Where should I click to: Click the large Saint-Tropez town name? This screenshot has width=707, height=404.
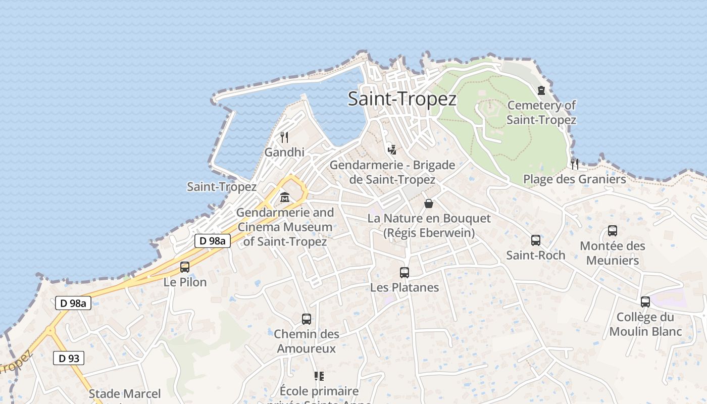coord(402,99)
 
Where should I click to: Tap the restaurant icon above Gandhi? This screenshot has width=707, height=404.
coord(284,137)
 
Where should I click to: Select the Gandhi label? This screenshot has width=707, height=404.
coord(284,152)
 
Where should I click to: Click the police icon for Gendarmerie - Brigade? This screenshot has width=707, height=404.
coord(392,149)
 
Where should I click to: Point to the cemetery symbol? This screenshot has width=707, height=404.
coord(541,91)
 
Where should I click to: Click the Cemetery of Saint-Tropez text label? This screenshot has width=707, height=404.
coord(541,113)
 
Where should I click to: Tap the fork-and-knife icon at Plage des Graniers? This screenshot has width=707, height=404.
coord(574,164)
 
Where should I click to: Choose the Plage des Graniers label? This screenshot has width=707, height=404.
coord(574,179)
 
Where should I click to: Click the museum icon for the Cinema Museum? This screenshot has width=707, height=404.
coord(285,197)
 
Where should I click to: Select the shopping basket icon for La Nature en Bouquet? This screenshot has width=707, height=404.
coord(429,204)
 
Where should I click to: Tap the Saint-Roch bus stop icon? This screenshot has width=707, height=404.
coord(536,240)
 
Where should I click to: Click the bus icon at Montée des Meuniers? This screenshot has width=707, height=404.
coord(613,231)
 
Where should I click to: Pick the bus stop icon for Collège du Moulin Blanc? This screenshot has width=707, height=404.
coord(645,302)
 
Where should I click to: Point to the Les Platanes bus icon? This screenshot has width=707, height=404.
coord(405,273)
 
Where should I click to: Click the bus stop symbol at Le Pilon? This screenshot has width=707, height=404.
coord(185,267)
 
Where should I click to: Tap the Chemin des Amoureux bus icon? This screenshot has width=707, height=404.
coord(307,319)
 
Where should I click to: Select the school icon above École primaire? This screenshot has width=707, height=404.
coord(319,376)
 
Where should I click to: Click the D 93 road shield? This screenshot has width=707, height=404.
coord(69,359)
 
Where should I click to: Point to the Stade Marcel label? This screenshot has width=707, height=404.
coord(125,394)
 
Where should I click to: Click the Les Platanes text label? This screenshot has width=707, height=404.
coord(405,288)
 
